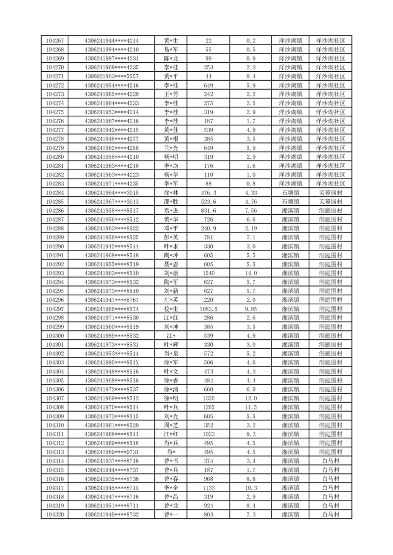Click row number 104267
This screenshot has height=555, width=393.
pyautogui.click(x=54, y=41)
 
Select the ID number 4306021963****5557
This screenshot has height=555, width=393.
pyautogui.click(x=111, y=76)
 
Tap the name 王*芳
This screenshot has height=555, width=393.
pyautogui.click(x=171, y=94)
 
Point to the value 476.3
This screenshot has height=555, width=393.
pyautogui.click(x=208, y=192)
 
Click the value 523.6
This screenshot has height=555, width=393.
pyautogui.click(x=208, y=201)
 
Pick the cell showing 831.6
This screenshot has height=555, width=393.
pyautogui.click(x=208, y=210)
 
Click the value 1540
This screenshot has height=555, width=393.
pyautogui.click(x=208, y=273)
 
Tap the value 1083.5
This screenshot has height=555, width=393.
pyautogui.click(x=208, y=309)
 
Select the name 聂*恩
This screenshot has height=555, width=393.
pyautogui.click(x=171, y=264)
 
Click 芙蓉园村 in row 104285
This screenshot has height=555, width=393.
pyautogui.click(x=331, y=201)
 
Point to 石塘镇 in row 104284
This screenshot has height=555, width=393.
pyautogui.click(x=290, y=192)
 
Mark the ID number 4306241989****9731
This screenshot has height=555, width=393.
pyautogui.click(x=111, y=452)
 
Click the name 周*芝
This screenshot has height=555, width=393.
pyautogui.click(x=171, y=425)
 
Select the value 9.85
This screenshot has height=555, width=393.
pyautogui.click(x=251, y=309)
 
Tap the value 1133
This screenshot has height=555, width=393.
pyautogui.click(x=208, y=487)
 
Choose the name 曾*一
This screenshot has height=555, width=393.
pyautogui.click(x=171, y=514)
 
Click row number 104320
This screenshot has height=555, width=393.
pyautogui.click(x=54, y=514)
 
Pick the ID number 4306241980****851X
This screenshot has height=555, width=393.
pyautogui.click(x=111, y=362)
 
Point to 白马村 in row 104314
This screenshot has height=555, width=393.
pyautogui.click(x=331, y=461)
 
